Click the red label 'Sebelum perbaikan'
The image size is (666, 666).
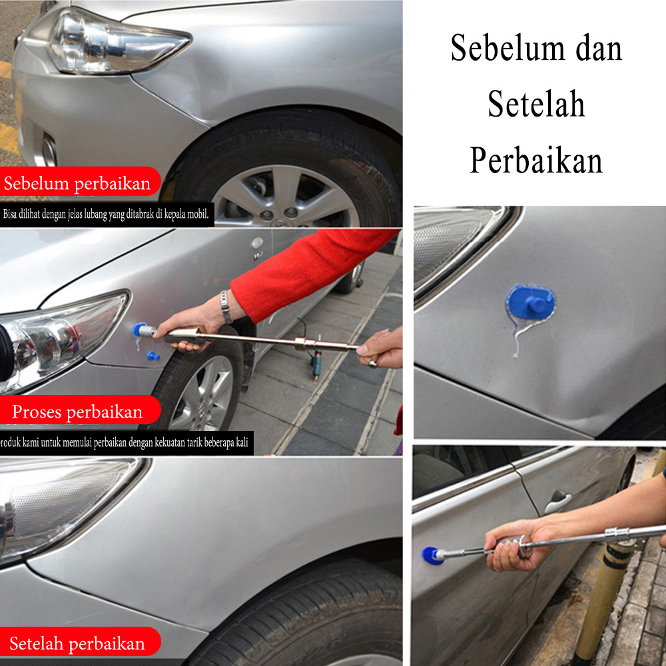point(77,183)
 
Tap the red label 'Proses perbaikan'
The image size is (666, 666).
point(77,411)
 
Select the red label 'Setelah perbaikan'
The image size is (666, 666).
point(77,643)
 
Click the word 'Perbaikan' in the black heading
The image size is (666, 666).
point(536,161)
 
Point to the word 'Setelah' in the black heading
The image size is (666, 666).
point(536,104)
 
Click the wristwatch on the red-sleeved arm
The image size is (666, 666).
point(226,306)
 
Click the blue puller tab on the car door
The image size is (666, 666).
point(431,555)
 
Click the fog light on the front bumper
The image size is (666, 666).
point(49,151)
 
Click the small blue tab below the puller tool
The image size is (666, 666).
point(153,356)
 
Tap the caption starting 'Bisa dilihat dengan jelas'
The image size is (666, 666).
point(106,214)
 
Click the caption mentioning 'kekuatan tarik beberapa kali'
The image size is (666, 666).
point(125,443)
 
